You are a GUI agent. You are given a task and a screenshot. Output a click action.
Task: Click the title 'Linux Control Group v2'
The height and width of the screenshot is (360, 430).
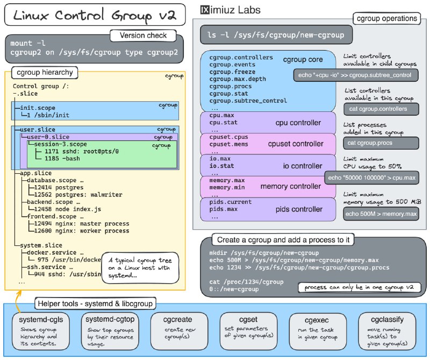[95, 16]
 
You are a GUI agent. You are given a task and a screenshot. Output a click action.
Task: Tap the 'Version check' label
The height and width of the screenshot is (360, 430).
[144, 36]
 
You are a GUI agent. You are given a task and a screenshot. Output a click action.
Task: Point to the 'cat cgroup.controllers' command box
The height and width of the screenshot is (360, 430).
[381, 109]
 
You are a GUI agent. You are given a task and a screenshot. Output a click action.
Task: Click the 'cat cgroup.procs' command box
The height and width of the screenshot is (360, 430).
[381, 143]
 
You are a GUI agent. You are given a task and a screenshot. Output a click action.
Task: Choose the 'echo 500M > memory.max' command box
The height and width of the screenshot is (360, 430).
[381, 214]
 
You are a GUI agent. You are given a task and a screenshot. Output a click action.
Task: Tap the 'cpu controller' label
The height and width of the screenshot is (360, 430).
[298, 123]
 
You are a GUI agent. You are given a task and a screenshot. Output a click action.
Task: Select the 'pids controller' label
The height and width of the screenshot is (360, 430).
[298, 209]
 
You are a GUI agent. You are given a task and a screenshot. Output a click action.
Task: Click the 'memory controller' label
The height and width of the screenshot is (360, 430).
[290, 187]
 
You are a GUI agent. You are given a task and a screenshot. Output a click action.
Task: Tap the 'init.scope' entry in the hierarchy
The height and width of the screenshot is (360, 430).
[38, 108]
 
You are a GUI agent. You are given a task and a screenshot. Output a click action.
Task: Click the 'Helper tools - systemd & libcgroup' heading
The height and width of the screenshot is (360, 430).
[95, 303]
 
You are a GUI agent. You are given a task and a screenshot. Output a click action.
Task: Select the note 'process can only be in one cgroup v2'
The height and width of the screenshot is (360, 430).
[359, 288]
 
